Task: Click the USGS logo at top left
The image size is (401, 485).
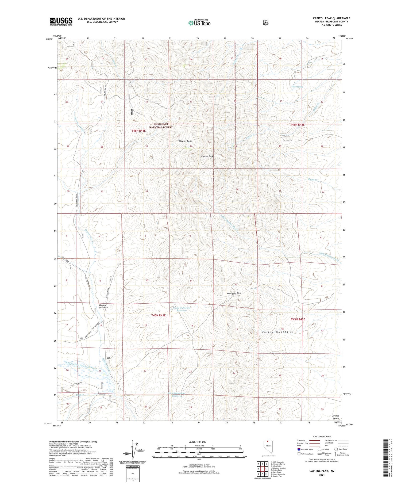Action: (x=61, y=21)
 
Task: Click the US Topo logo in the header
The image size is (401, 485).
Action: (x=199, y=23)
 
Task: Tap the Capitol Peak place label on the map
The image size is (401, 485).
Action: (x=207, y=156)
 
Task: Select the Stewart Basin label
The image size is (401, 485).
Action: (x=186, y=141)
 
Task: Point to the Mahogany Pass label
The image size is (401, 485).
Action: (x=234, y=293)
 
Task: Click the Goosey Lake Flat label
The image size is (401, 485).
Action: (x=103, y=306)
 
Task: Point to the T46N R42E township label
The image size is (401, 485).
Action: (x=298, y=125)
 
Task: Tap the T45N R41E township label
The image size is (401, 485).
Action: (x=159, y=315)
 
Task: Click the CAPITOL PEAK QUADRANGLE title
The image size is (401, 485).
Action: (x=331, y=18)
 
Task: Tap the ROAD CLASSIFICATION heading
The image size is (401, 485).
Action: (x=323, y=437)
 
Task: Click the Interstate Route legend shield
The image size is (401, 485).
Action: (x=299, y=449)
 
